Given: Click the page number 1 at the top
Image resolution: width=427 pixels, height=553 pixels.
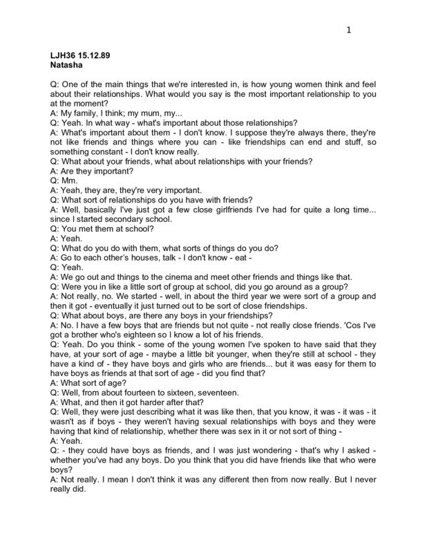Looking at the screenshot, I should coord(350,30).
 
